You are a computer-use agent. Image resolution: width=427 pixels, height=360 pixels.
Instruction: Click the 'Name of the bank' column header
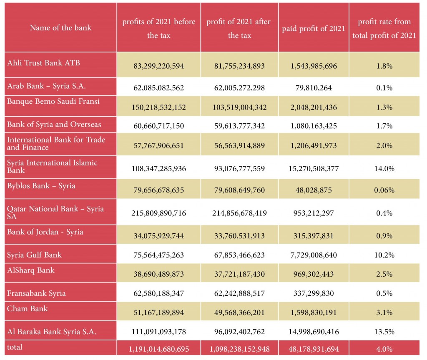point(60,28)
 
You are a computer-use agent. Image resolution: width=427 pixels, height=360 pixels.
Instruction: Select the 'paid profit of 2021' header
point(314,29)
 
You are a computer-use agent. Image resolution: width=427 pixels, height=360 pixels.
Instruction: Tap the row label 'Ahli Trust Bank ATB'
point(43,63)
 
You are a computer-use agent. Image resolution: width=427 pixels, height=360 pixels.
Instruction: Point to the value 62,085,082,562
point(158,88)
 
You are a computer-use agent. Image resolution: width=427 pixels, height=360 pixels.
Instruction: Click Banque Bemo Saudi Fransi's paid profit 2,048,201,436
point(314,107)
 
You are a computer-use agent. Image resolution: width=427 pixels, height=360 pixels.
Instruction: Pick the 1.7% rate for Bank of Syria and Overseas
point(384,126)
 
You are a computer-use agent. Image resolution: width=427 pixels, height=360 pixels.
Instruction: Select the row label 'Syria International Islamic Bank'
point(52,167)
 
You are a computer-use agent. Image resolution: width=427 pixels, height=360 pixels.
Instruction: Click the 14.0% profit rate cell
point(384,169)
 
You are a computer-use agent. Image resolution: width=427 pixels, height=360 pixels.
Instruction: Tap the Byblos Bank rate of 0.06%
point(384,190)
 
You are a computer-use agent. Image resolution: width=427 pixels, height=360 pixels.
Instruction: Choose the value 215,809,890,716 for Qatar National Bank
point(158,213)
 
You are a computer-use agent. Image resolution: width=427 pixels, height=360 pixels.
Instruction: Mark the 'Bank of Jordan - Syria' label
point(45,232)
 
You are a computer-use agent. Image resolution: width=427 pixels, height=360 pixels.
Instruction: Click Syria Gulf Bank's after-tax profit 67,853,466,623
point(239,255)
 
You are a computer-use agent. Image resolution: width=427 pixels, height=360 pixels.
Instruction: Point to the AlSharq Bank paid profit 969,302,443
point(314,274)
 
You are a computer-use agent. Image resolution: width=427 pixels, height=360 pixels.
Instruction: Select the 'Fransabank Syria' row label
point(36,293)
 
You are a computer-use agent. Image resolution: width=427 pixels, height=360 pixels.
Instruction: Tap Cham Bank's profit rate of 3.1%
point(384,312)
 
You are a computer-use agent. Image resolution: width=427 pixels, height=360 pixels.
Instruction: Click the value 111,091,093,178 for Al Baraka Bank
point(158,332)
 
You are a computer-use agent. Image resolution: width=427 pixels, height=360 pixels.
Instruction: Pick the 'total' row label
point(15,347)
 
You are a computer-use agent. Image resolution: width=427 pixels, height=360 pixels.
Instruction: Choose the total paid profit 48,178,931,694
point(314,349)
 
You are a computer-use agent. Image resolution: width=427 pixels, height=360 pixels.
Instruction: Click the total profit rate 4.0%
point(384,349)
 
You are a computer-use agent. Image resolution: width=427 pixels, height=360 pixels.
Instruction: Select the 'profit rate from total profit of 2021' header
point(384,29)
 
